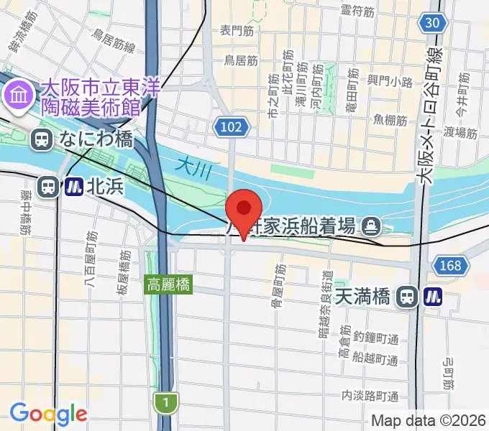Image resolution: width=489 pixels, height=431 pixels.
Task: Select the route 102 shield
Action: click(x=232, y=128)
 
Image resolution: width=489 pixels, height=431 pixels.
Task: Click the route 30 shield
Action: click(x=431, y=23)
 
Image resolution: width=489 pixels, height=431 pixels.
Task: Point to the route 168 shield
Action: click(x=449, y=266)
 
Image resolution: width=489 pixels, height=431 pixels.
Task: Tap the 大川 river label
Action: click(x=191, y=166)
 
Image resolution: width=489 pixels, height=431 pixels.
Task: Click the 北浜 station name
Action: click(x=106, y=187)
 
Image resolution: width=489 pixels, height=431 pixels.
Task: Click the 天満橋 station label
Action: click(x=365, y=295)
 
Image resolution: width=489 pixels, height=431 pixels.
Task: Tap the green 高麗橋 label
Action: click(x=169, y=284)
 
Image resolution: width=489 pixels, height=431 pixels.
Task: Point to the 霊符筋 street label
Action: click(x=357, y=11)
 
